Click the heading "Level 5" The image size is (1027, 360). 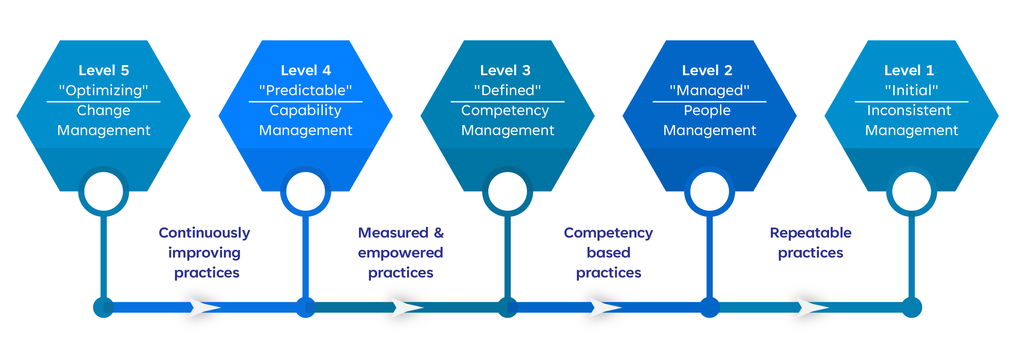tap(104, 70)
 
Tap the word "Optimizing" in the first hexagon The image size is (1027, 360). tap(104, 90)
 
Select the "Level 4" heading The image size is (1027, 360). tap(306, 70)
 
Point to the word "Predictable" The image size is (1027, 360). tap(306, 90)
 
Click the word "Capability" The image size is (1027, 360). tap(306, 110)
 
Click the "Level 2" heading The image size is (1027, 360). tap(707, 70)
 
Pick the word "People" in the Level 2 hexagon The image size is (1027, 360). tap(707, 110)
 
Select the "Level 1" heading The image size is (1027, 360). tap(909, 70)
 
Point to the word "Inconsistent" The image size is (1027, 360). tap(909, 110)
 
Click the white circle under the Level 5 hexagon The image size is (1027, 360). tap(104, 191)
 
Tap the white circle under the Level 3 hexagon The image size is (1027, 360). tap(508, 191)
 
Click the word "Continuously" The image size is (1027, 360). tap(205, 233)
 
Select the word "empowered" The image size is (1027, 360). tap(401, 253)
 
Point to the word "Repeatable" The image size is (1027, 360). tap(810, 233)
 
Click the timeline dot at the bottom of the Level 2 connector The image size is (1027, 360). tap(710, 307)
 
